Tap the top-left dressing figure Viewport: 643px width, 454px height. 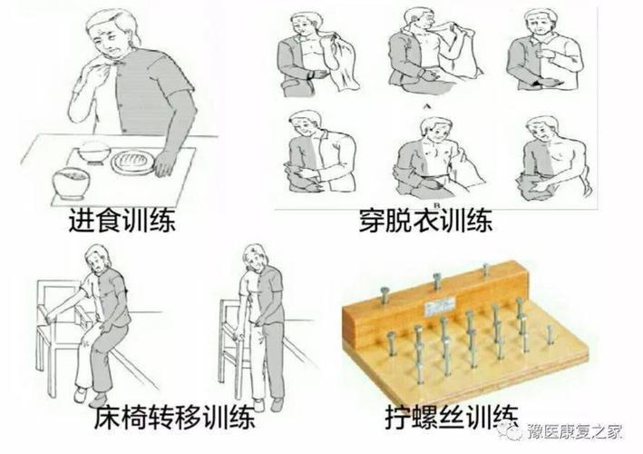[x=314, y=59]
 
